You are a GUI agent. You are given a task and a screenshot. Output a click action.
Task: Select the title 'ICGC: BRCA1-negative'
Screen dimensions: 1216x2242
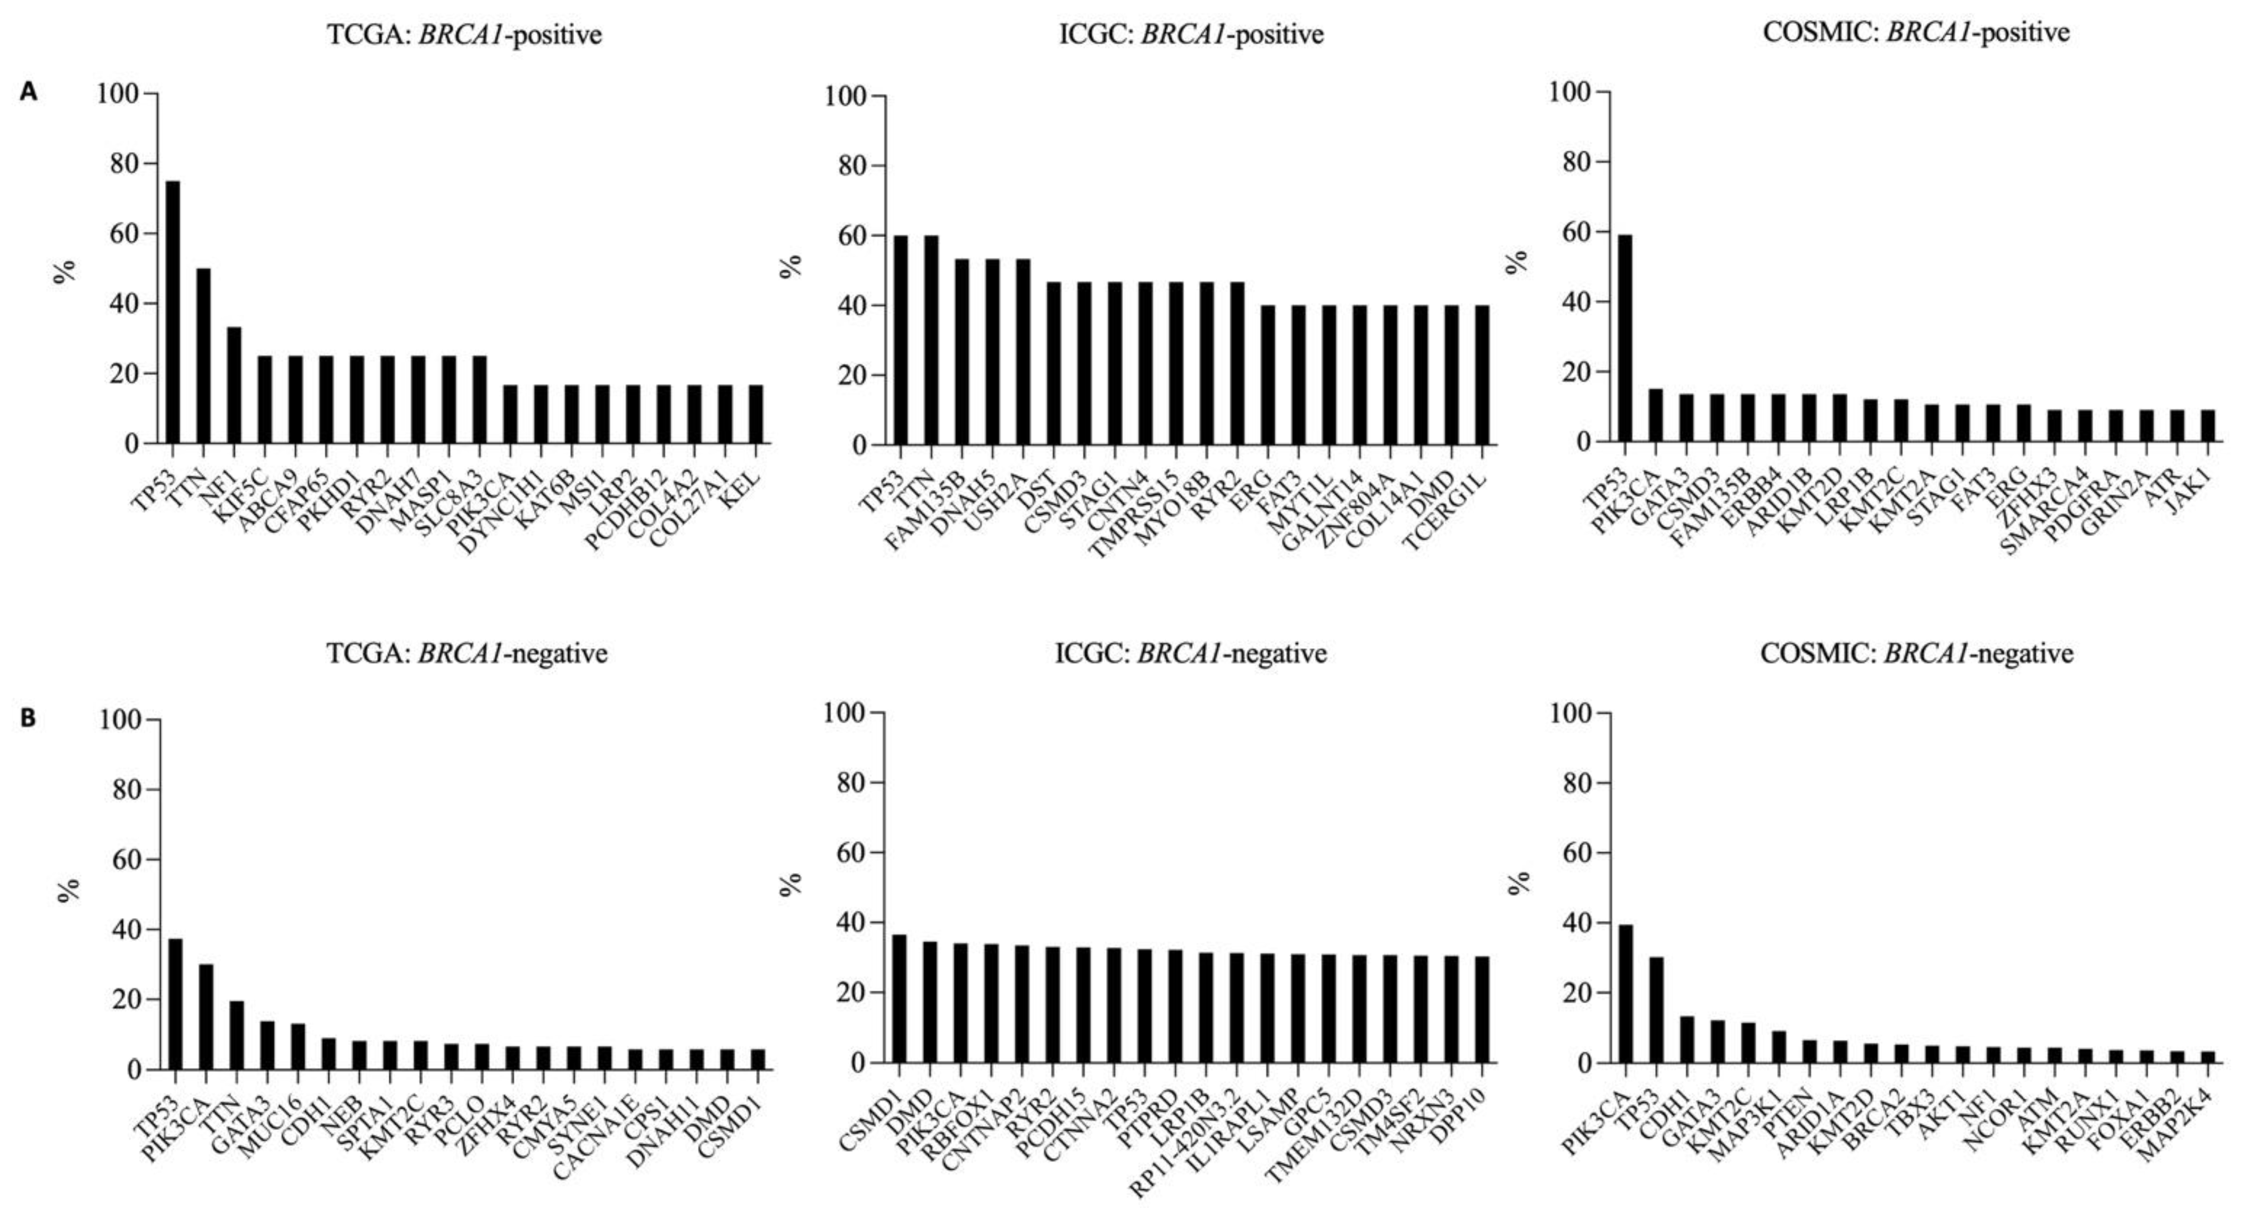(x=1191, y=653)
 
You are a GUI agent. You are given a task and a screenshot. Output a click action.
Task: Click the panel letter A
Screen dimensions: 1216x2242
(x=29, y=92)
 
